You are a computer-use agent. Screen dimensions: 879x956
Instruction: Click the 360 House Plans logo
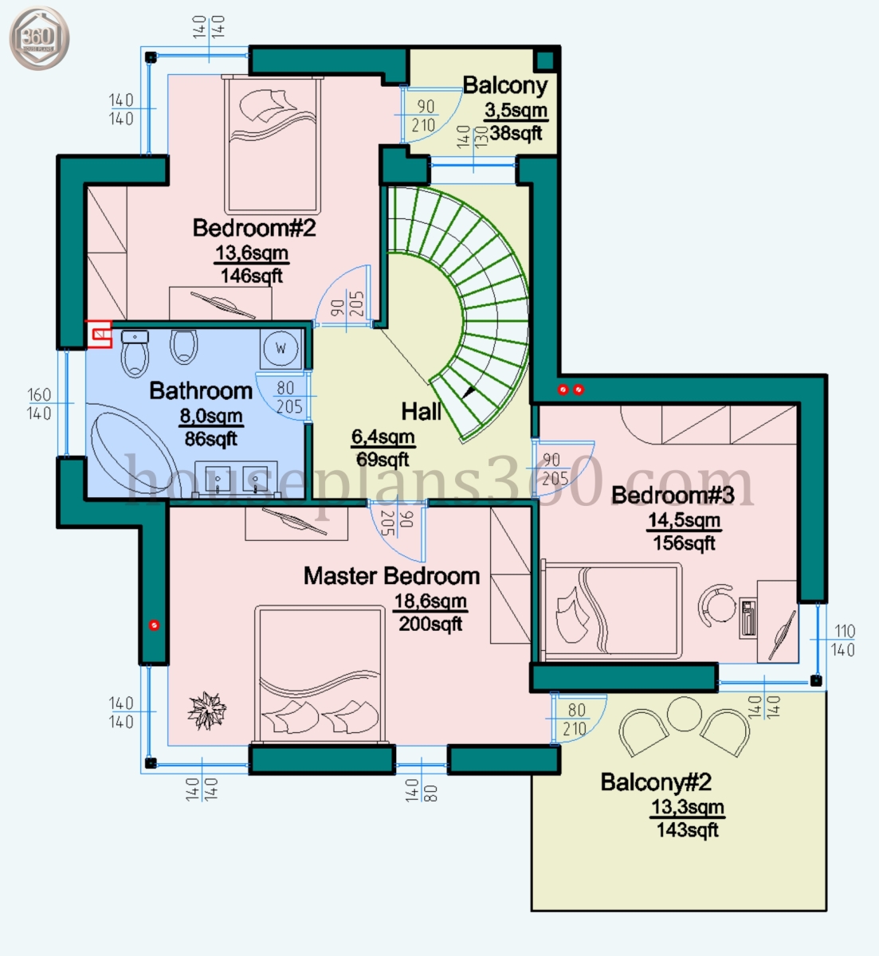point(39,37)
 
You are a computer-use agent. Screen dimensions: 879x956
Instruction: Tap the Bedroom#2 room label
point(254,228)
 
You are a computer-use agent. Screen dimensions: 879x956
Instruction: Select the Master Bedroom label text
point(391,576)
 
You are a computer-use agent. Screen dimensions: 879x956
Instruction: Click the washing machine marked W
point(281,348)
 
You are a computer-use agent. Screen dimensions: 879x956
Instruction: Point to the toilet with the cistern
point(135,353)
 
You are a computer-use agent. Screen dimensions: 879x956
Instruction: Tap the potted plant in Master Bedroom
point(206,711)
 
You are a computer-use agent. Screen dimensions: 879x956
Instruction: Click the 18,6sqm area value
point(430,601)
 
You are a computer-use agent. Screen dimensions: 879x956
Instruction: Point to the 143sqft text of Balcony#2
point(687,830)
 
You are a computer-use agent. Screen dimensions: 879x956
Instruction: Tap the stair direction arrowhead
point(469,392)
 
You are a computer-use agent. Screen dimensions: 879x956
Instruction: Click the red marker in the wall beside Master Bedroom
point(154,625)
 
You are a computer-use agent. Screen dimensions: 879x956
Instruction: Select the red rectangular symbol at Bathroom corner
point(99,334)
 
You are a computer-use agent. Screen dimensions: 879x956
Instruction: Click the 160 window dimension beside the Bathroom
point(39,394)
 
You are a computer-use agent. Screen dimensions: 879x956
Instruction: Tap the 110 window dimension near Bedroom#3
point(845,631)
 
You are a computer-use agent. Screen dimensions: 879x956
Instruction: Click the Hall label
point(421,411)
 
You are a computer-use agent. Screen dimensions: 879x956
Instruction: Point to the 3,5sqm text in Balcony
point(516,111)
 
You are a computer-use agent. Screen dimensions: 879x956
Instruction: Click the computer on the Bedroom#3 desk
point(748,618)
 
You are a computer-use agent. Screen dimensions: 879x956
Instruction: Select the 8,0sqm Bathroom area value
point(211,416)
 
